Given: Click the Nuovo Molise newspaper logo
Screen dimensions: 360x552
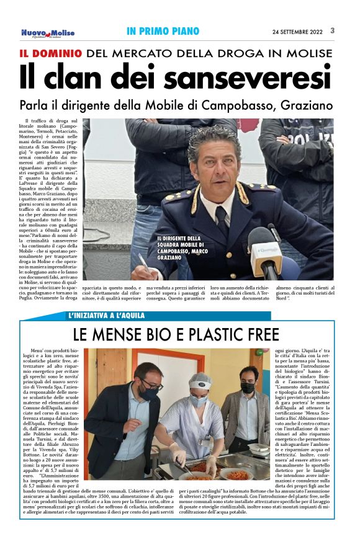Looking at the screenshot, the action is click(x=48, y=32).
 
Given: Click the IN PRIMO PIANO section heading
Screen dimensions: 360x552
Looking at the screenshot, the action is click(x=163, y=31).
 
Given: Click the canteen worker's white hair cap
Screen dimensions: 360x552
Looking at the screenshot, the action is click(x=200, y=379).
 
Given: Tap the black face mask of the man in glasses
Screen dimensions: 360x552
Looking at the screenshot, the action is click(x=148, y=394).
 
